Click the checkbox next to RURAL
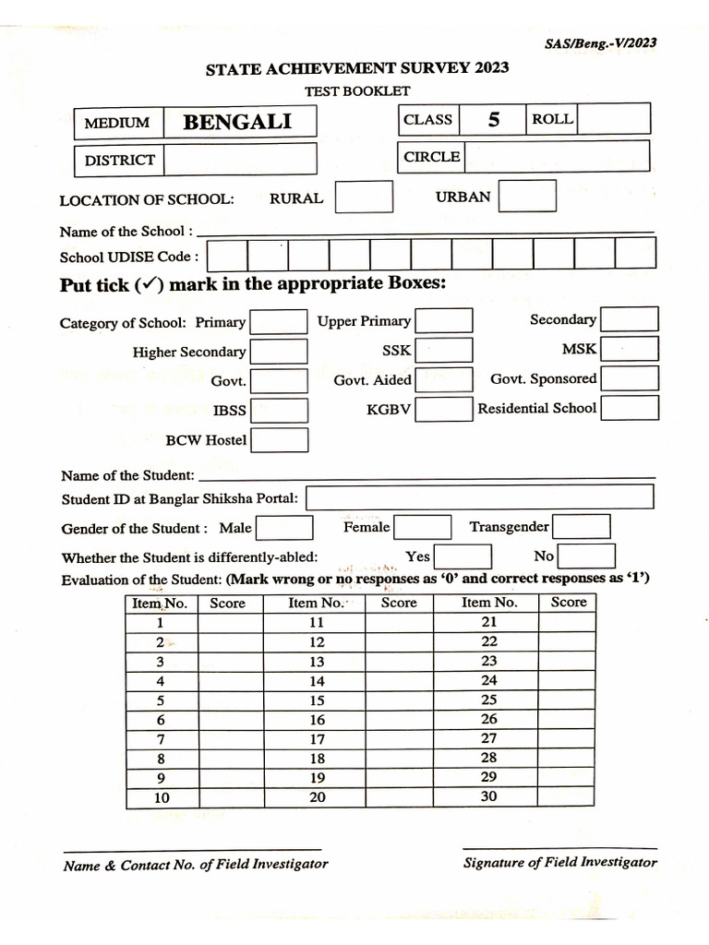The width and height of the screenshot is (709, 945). (364, 197)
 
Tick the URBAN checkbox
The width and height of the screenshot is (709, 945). (527, 196)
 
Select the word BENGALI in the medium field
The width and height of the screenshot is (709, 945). (237, 122)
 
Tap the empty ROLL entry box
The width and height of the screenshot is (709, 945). (614, 119)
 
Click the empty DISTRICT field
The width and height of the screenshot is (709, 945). (239, 159)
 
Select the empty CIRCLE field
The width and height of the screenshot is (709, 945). (556, 157)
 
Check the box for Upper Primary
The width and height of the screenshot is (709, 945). (443, 321)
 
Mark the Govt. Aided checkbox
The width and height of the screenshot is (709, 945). (443, 380)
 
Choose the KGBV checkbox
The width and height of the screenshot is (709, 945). (443, 410)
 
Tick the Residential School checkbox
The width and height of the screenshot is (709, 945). (629, 408)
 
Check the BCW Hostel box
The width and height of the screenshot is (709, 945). (279, 440)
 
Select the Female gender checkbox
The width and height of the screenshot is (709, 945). (422, 528)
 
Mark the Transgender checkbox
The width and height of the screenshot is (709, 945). (581, 527)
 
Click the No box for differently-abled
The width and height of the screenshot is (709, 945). (586, 556)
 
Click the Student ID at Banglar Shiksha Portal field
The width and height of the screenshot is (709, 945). (479, 497)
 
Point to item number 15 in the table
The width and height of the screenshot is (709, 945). (317, 700)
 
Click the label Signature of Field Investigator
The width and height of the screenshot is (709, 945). (559, 862)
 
